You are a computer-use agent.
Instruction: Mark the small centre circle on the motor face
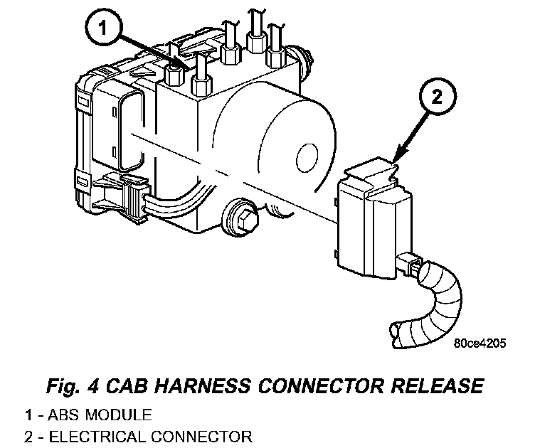pos(308,158)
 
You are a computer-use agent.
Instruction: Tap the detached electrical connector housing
pos(371,220)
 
